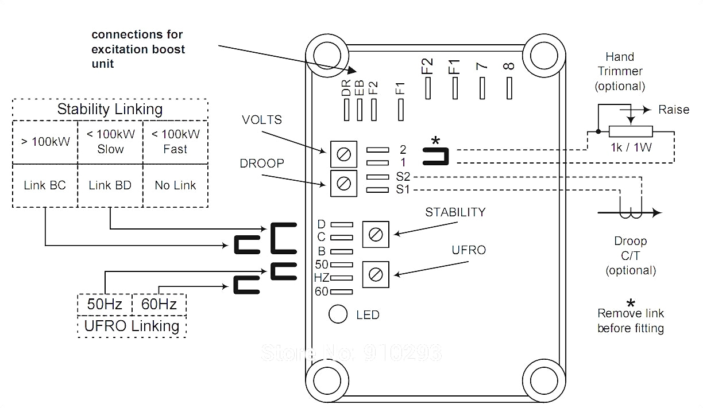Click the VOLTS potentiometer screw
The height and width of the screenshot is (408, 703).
tap(343, 154)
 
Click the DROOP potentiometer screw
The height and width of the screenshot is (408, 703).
tap(343, 184)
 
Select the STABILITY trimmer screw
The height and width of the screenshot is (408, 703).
tap(376, 234)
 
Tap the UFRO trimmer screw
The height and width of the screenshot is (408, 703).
tap(376, 274)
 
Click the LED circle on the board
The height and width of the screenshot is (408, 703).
tap(338, 314)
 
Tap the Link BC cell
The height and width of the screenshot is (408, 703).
tap(45, 185)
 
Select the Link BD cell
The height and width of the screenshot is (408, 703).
tap(110, 185)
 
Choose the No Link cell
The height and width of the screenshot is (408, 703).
tap(175, 185)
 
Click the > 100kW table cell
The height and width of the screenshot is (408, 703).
tap(45, 141)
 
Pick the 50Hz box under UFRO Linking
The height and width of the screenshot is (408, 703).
tap(105, 304)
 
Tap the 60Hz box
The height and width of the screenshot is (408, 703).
tap(159, 304)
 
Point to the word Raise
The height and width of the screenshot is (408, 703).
tap(673, 110)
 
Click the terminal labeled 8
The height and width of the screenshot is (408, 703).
tap(509, 88)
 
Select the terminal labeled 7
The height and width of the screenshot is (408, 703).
tap(482, 88)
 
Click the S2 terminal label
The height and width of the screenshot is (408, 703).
tap(403, 177)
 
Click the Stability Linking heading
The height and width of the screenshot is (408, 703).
tap(110, 109)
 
